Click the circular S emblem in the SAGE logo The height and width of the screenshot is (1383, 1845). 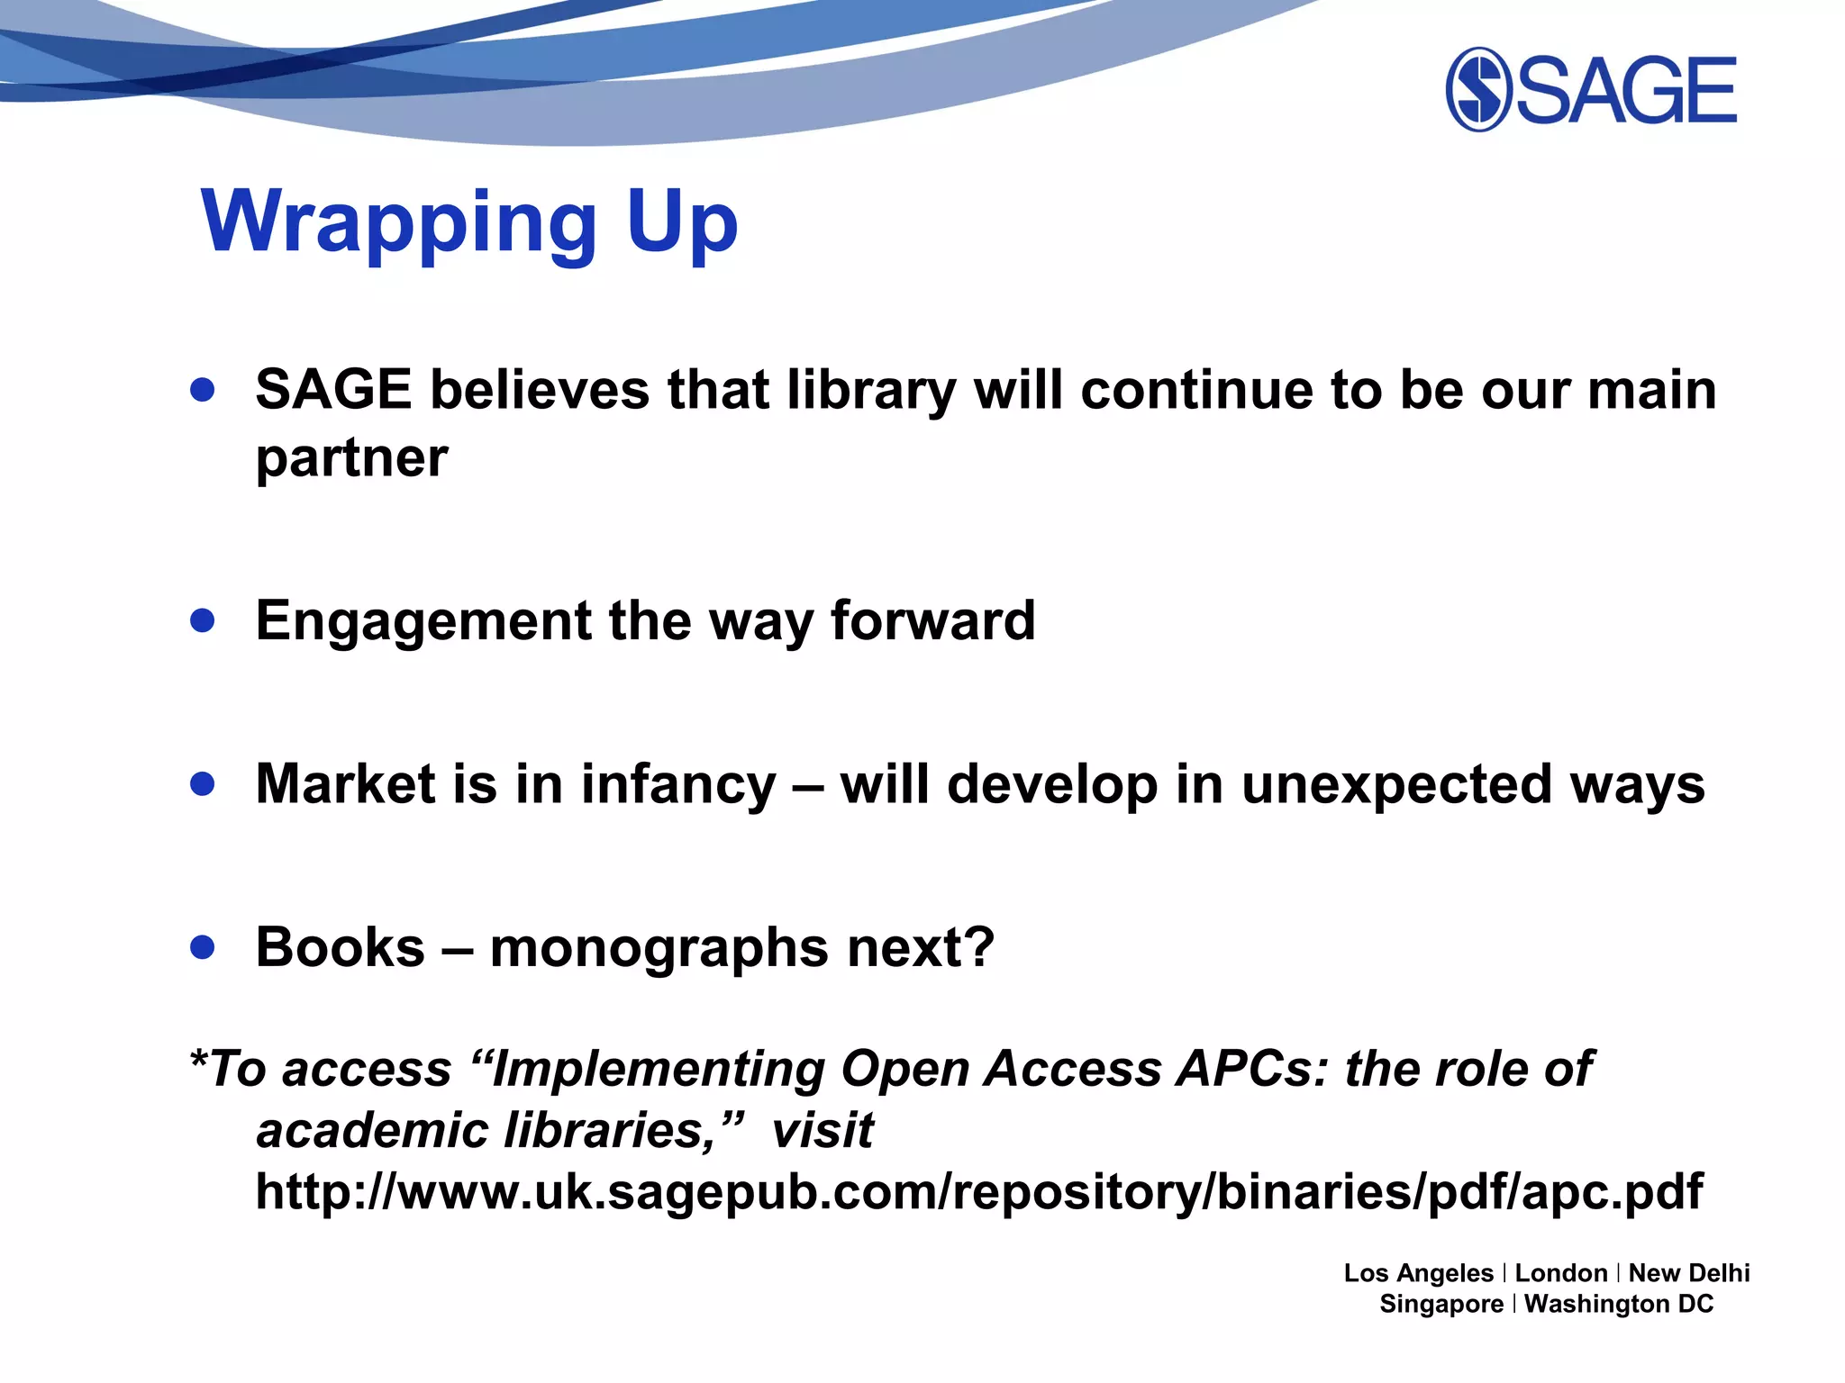click(1478, 89)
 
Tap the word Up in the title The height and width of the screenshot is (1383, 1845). click(682, 222)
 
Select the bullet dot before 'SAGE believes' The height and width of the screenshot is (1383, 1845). click(203, 389)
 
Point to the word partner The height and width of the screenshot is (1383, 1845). click(351, 459)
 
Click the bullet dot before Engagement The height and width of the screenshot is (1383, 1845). click(203, 620)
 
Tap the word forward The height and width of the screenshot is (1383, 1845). click(932, 620)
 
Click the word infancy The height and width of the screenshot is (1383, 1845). click(677, 784)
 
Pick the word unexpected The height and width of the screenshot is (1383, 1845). click(1396, 785)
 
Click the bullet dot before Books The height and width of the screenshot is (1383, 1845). click(203, 946)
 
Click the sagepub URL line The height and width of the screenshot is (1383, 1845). click(979, 1191)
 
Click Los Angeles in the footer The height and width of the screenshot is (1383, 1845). click(1418, 1273)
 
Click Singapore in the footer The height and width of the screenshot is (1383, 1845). click(1441, 1304)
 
